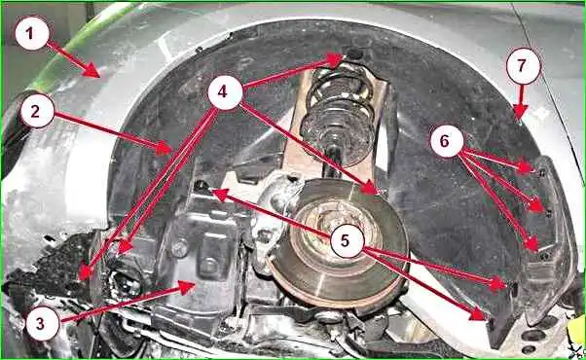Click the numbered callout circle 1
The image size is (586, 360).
pyautogui.click(x=32, y=33)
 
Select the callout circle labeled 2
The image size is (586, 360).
pyautogui.click(x=37, y=111)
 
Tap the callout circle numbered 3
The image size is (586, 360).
pyautogui.click(x=43, y=323)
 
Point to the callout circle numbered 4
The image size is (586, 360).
pyautogui.click(x=225, y=91)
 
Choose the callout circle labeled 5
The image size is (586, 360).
pyautogui.click(x=348, y=241)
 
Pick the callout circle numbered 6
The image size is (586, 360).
pyautogui.click(x=447, y=141)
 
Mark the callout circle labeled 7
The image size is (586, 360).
pyautogui.click(x=524, y=66)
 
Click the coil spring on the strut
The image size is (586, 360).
pyautogui.click(x=339, y=112)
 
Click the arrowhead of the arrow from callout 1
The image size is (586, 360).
pyautogui.click(x=92, y=70)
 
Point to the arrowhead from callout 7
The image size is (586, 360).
pyautogui.click(x=520, y=111)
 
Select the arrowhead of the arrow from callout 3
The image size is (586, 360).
pyautogui.click(x=187, y=287)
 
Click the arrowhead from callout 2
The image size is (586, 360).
pyautogui.click(x=164, y=149)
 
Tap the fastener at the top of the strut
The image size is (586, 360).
pyautogui.click(x=353, y=54)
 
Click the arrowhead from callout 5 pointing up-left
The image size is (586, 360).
pyautogui.click(x=221, y=195)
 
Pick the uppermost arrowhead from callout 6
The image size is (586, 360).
pyautogui.click(x=526, y=167)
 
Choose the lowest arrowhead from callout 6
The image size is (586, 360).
pyautogui.click(x=531, y=243)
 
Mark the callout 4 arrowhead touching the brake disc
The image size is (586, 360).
pyautogui.click(x=370, y=188)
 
